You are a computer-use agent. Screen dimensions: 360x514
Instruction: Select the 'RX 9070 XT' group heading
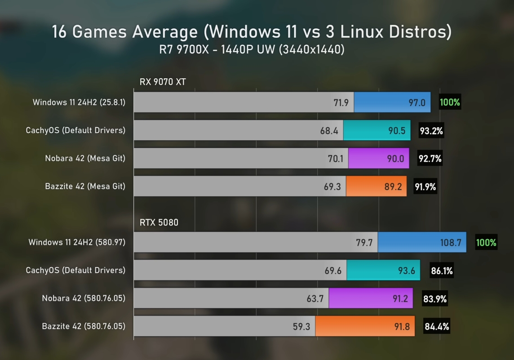[163, 82]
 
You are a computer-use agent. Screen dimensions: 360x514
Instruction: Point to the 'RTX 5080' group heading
[159, 222]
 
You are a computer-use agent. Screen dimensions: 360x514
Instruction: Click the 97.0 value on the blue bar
[417, 102]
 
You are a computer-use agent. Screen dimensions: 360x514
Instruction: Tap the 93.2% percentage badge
[431, 131]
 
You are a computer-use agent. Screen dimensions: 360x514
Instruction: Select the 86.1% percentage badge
[441, 271]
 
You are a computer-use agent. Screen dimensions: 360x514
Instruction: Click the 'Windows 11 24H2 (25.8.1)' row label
[79, 102]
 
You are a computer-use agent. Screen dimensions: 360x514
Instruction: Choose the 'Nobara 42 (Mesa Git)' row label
[85, 158]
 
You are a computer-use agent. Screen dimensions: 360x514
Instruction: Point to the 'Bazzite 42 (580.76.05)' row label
[84, 326]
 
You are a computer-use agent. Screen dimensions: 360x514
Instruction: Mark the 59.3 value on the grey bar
[301, 327]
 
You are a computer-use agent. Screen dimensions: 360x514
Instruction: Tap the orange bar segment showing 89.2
[376, 187]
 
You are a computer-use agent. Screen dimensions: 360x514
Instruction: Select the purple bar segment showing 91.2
[371, 298]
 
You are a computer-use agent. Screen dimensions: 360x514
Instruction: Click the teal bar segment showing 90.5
[377, 131]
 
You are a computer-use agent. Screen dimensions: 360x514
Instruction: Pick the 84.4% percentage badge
[437, 327]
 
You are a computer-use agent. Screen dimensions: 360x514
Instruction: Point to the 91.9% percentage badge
[425, 187]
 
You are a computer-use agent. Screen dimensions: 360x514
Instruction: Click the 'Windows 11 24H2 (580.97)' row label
[77, 242]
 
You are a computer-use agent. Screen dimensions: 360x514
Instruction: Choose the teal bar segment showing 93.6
[383, 271]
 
